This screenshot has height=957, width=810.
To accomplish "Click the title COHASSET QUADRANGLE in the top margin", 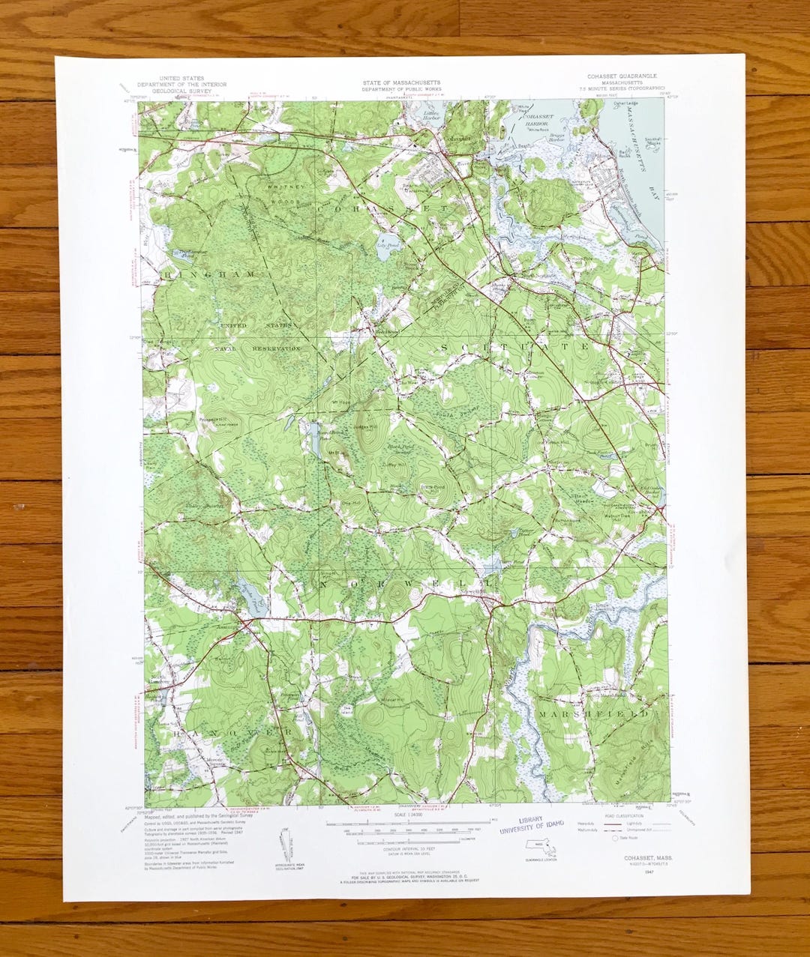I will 622,76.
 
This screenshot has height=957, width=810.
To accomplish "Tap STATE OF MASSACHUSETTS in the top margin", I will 401,82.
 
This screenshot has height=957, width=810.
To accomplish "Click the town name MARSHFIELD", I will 592,715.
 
